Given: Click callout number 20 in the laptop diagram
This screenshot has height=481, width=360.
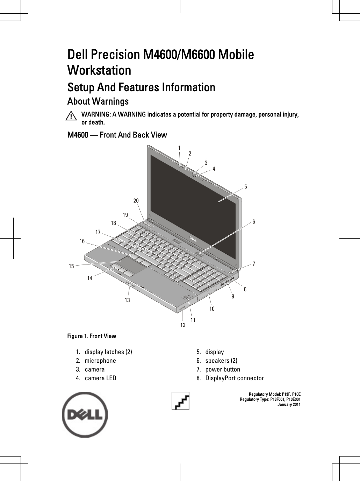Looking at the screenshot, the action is [x=136, y=201].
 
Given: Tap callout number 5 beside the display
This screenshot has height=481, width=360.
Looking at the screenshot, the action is [x=246, y=187].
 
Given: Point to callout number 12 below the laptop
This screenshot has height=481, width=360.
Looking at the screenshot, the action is [x=183, y=325].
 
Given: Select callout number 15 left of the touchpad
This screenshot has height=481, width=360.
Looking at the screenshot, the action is [x=71, y=266].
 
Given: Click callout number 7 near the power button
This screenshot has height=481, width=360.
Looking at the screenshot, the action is [x=254, y=263].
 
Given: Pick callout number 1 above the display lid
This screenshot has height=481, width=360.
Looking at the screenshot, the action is [x=179, y=148].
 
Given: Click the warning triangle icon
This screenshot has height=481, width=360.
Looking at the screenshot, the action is [x=72, y=116].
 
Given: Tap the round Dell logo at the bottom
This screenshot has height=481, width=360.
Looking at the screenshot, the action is [x=85, y=415].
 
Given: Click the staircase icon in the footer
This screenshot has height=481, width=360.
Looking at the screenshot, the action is [x=180, y=401].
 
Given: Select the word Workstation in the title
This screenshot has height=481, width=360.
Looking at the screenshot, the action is [x=99, y=70].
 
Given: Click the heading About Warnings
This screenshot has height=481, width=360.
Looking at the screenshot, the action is [x=98, y=101].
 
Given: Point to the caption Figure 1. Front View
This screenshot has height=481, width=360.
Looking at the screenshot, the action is [x=92, y=336].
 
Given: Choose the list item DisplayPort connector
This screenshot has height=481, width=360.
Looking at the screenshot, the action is [x=234, y=378].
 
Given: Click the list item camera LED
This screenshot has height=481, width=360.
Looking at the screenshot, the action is [x=100, y=378].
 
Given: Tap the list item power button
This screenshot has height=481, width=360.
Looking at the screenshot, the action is [x=223, y=369].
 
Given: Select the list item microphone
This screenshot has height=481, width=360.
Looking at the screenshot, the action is [x=100, y=361].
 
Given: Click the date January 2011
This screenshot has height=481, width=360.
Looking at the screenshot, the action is [x=289, y=405].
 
